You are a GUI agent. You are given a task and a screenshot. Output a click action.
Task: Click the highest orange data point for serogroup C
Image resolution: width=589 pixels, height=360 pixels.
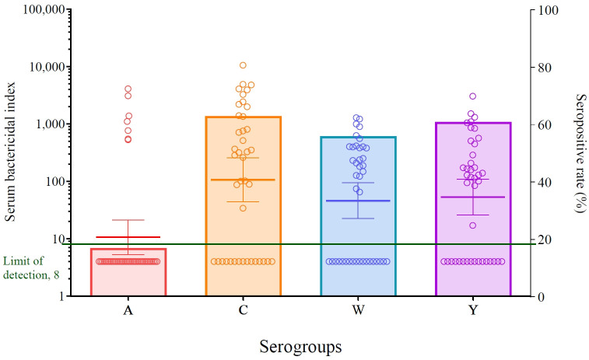pos(243,65)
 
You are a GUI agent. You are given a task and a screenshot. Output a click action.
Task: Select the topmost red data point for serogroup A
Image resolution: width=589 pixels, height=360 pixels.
pos(128,89)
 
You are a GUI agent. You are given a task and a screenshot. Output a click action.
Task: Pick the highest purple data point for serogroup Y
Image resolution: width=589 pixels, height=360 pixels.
pos(472,96)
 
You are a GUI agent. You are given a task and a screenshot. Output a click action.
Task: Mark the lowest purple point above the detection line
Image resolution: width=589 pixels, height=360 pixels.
pos(472,225)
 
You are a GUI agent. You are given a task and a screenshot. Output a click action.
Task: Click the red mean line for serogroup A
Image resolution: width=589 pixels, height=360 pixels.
pos(128,237)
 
